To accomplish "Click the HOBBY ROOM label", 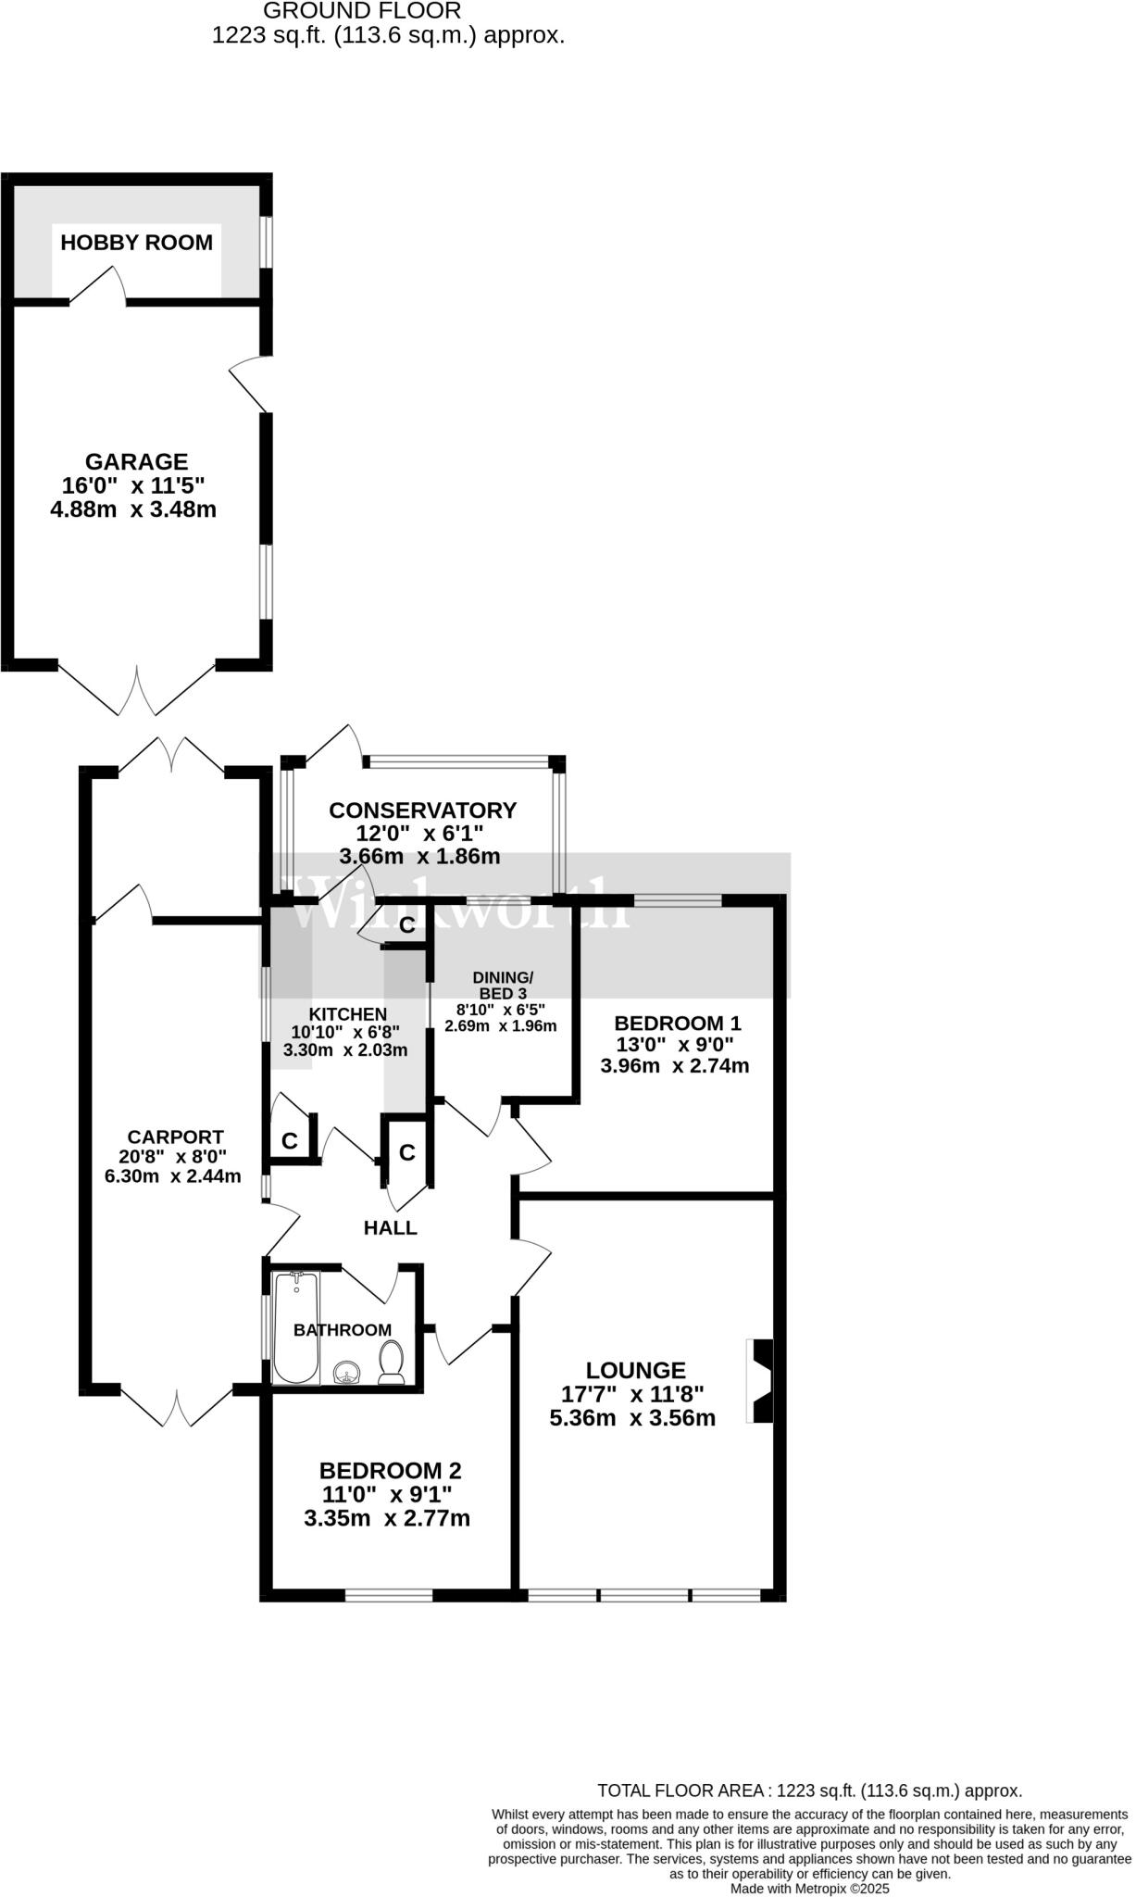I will click(x=136, y=243).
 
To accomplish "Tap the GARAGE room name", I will click(x=136, y=461).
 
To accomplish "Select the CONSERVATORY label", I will click(x=422, y=810).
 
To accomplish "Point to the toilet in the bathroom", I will click(x=392, y=1363).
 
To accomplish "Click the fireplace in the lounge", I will click(x=761, y=1380).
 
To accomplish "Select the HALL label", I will click(x=390, y=1228).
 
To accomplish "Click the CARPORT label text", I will click(x=175, y=1137).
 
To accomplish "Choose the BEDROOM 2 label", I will click(x=390, y=1471).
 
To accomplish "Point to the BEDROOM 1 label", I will click(x=678, y=1024).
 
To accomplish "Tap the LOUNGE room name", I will click(x=635, y=1370).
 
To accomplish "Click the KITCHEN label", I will click(x=347, y=1014).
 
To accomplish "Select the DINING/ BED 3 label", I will click(x=503, y=986).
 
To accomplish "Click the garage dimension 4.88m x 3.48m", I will click(x=133, y=509).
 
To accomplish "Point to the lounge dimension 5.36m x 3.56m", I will click(x=632, y=1418).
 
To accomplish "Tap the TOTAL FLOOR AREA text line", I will click(x=809, y=1791).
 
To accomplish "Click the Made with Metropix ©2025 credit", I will click(x=809, y=1889).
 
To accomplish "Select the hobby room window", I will click(x=266, y=243).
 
